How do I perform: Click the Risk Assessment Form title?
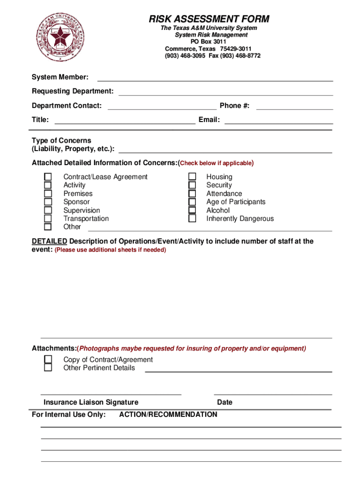click(x=209, y=19)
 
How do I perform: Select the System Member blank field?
click(x=215, y=78)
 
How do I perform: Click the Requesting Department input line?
click(x=226, y=92)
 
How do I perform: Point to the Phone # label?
click(x=235, y=106)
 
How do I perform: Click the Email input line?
click(x=279, y=120)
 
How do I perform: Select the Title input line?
click(x=125, y=120)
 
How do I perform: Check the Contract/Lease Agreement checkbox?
click(x=48, y=177)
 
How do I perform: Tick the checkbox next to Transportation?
click(x=48, y=218)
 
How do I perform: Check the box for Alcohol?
click(x=192, y=210)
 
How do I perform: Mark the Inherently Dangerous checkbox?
click(x=192, y=218)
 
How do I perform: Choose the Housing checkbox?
click(x=192, y=177)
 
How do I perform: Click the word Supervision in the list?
click(x=82, y=210)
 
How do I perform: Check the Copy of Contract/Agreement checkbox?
click(x=48, y=359)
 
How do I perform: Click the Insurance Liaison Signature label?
click(x=91, y=402)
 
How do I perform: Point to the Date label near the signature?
click(x=224, y=402)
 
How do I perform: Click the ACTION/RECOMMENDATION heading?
click(x=168, y=414)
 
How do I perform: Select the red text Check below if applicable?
click(x=216, y=163)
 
